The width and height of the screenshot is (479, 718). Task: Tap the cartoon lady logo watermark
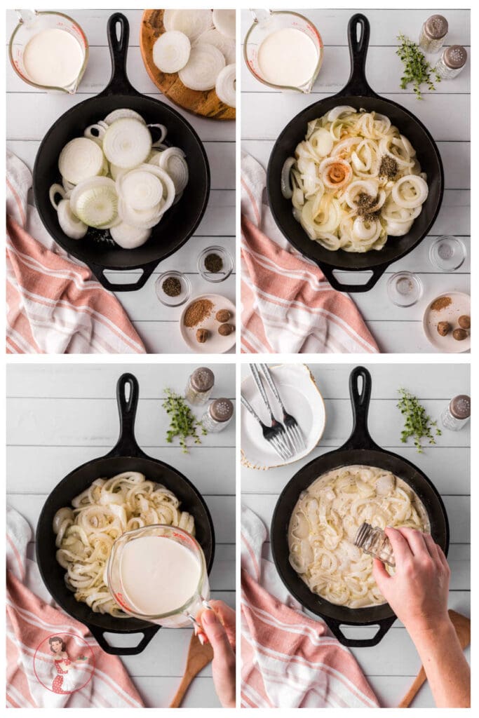[x=63, y=663]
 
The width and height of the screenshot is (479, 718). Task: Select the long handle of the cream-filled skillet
[x=360, y=407]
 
